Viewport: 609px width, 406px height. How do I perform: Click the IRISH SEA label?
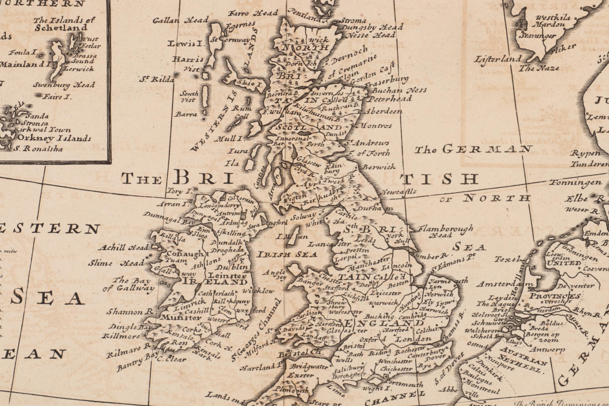tap(287, 254)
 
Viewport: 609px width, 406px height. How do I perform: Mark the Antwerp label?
tap(547, 350)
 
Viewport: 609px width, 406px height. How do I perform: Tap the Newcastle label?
tap(399, 192)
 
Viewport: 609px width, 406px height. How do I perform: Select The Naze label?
tap(539, 68)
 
